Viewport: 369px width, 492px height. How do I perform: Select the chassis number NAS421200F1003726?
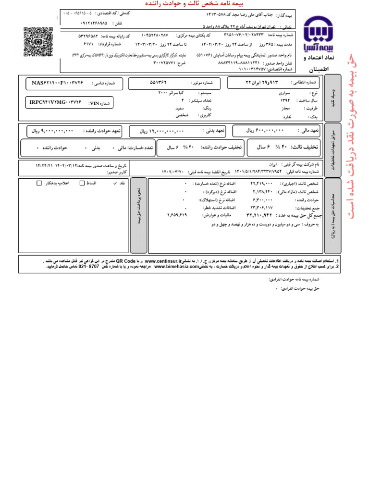coord(58,83)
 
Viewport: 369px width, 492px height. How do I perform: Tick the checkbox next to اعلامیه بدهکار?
coord(39,183)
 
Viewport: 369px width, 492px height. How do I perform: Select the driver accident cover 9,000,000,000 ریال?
coord(52,130)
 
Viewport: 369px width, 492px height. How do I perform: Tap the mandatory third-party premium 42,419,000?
coord(261,184)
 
